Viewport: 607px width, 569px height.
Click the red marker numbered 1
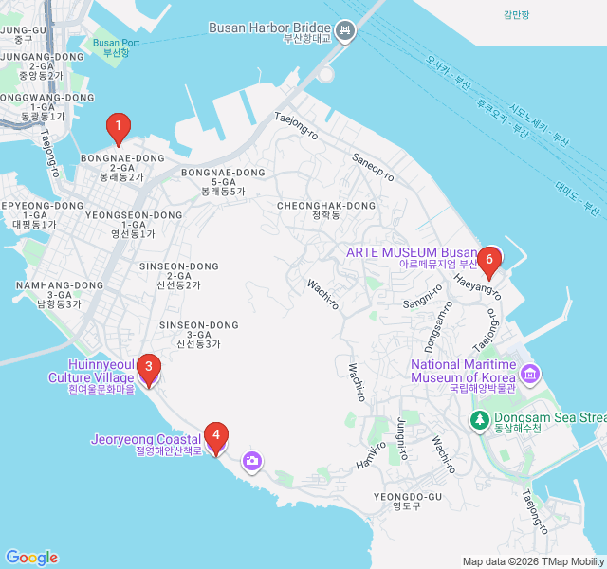(118, 125)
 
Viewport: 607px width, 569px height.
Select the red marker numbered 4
(216, 437)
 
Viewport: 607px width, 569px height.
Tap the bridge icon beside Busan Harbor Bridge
(346, 33)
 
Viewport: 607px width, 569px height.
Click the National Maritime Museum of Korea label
(464, 372)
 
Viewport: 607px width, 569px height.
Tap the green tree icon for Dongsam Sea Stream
(480, 418)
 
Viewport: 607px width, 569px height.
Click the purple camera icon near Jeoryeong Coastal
(252, 461)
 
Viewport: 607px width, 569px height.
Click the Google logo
(31, 558)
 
